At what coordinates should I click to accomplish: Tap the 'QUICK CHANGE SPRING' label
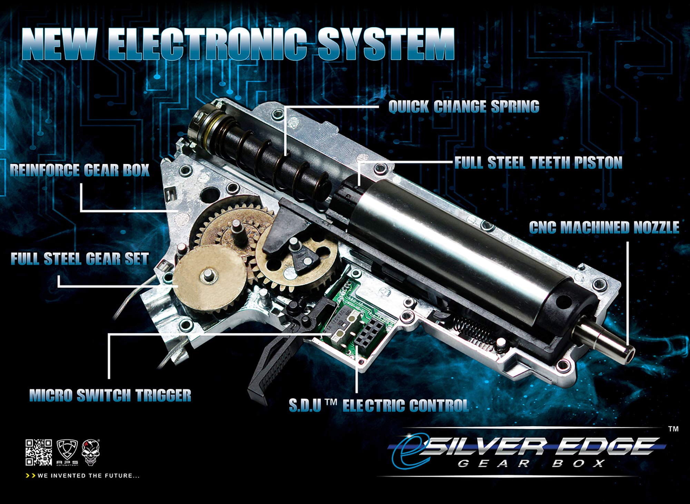click(x=464, y=107)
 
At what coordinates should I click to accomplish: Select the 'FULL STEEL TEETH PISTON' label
click(x=538, y=163)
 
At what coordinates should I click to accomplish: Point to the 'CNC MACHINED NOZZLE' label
click(x=604, y=227)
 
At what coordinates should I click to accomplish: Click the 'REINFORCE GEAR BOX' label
click(x=80, y=170)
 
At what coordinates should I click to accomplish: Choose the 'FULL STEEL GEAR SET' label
click(x=80, y=259)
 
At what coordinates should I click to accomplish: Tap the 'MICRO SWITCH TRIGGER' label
click(x=110, y=395)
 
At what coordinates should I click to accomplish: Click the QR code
click(x=39, y=452)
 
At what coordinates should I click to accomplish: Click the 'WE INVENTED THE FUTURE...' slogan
click(x=83, y=476)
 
